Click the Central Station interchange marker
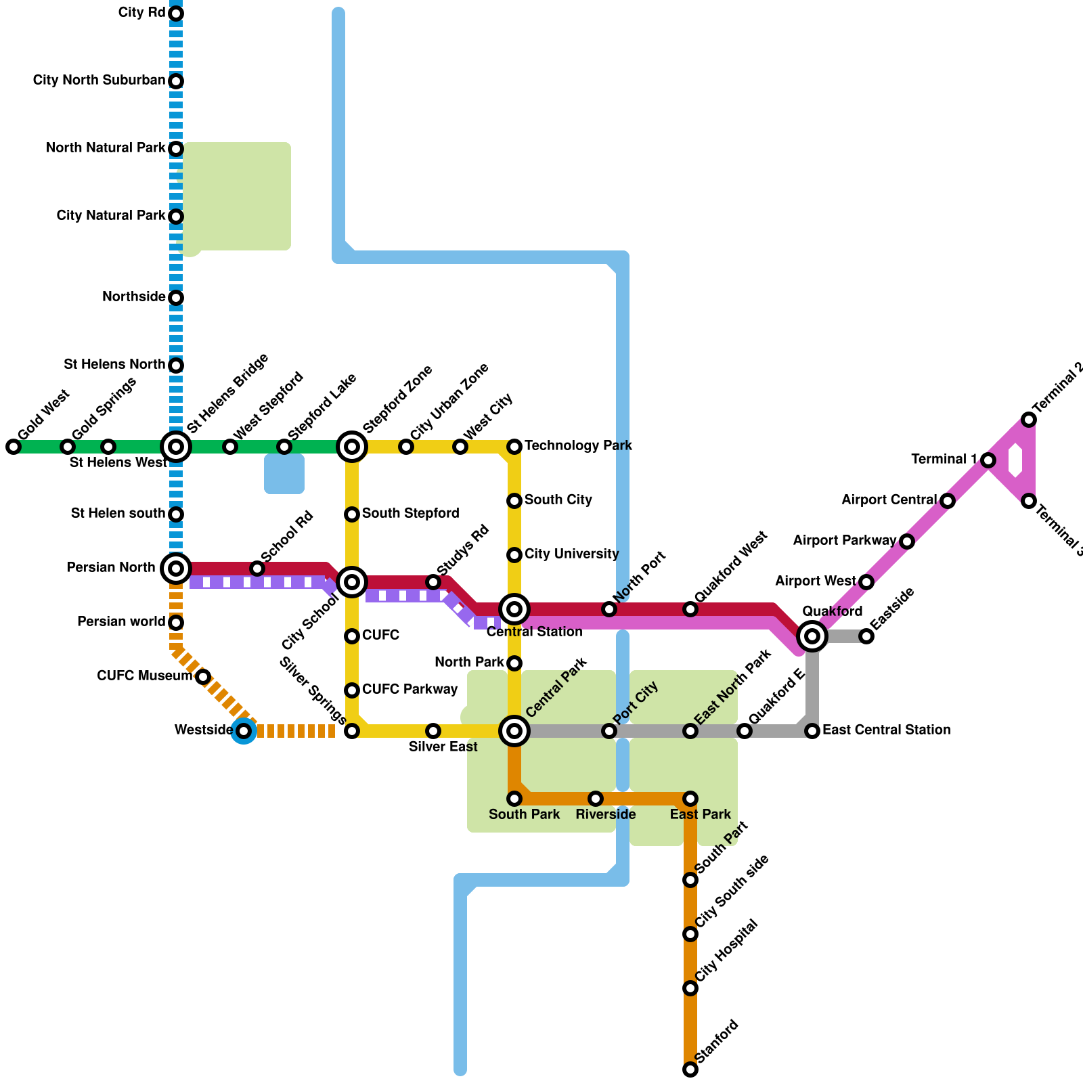click(x=514, y=609)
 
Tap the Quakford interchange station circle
click(x=812, y=636)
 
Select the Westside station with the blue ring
click(x=244, y=731)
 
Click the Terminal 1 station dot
click(x=988, y=460)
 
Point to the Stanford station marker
click(x=690, y=1069)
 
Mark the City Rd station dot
click(x=176, y=14)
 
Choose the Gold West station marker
click(x=14, y=447)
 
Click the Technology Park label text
click(x=578, y=445)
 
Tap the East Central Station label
click(x=886, y=730)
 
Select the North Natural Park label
click(x=106, y=148)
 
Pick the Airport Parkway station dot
click(x=907, y=541)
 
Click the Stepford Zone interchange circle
click(x=352, y=447)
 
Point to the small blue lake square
click(x=284, y=474)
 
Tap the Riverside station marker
click(x=596, y=799)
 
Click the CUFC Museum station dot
click(x=203, y=677)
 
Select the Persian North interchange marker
click(x=176, y=569)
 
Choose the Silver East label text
click(x=443, y=747)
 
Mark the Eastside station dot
click(x=866, y=636)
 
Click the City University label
click(x=571, y=554)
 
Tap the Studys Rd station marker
click(x=433, y=582)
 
